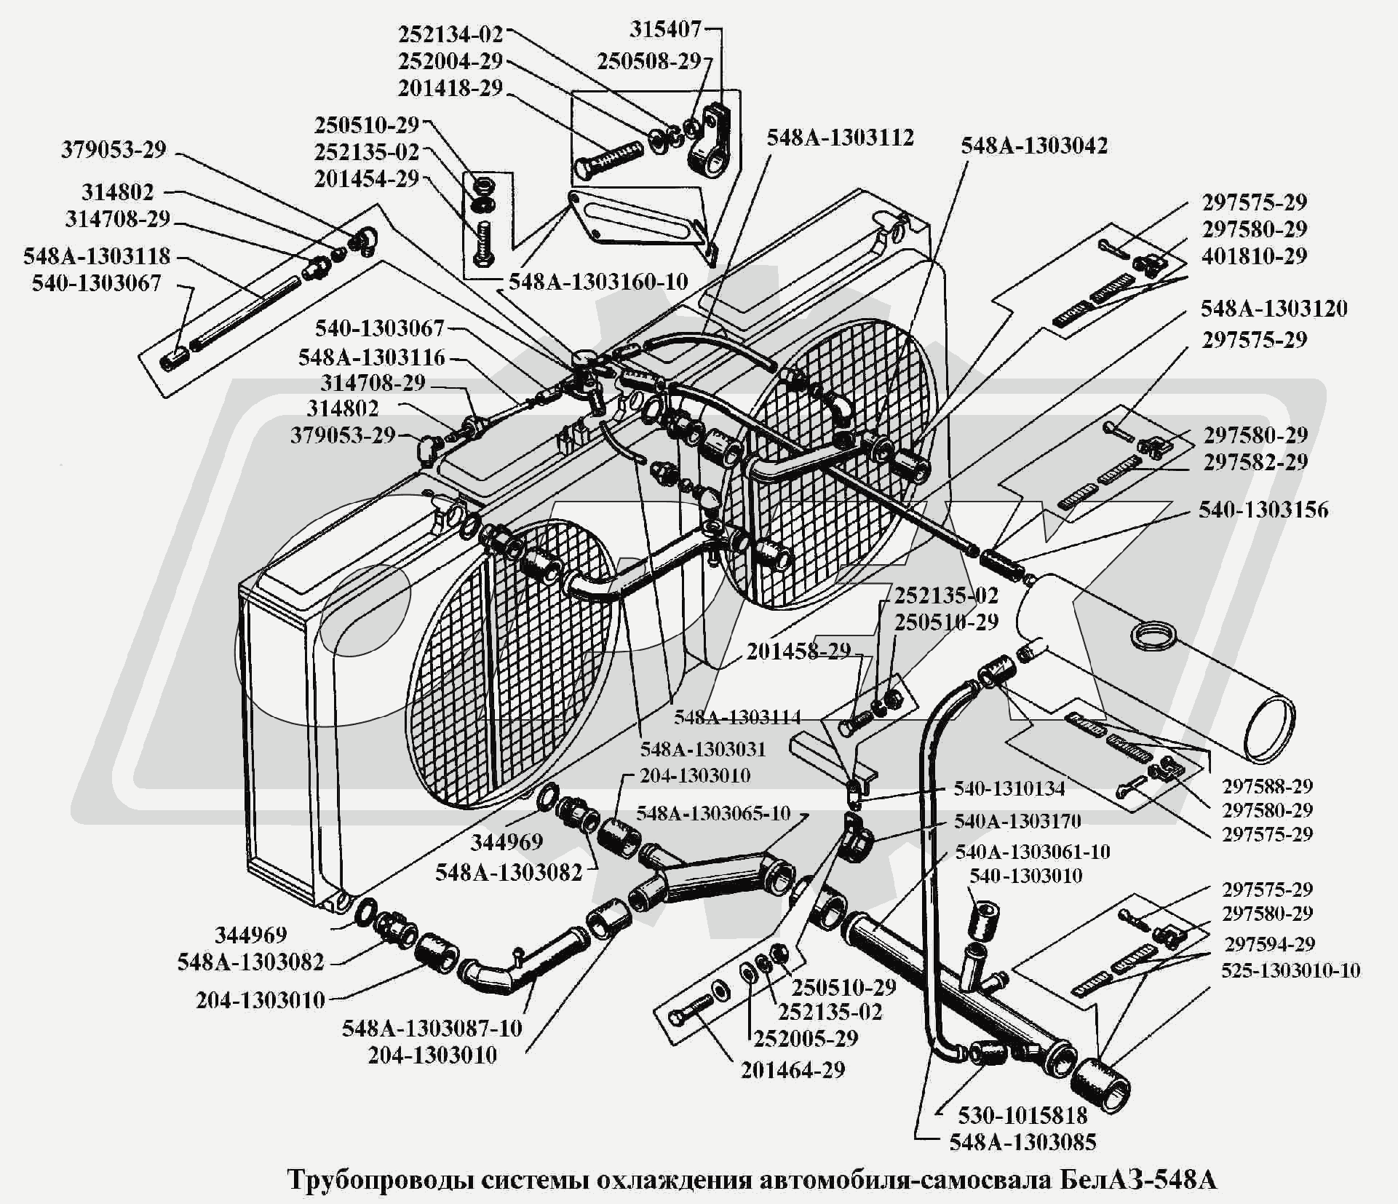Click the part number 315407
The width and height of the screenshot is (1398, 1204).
click(x=665, y=31)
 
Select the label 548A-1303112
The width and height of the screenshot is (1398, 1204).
click(x=840, y=138)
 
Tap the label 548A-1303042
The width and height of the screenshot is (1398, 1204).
click(x=1034, y=146)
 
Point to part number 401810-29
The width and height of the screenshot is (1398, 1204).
click(x=1254, y=256)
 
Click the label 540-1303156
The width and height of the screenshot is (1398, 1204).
click(x=1263, y=510)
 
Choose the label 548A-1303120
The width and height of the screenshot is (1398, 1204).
click(x=1274, y=309)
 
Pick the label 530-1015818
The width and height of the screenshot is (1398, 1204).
click(x=1022, y=1115)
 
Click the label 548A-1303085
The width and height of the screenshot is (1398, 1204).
click(x=1022, y=1143)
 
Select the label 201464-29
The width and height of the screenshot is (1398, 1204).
click(x=793, y=1070)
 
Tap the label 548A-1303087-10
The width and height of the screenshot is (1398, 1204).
click(x=432, y=1029)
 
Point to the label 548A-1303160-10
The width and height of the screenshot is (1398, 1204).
click(x=598, y=282)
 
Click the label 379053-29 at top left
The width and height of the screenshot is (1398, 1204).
click(x=114, y=150)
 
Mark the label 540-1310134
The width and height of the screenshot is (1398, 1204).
click(x=1009, y=788)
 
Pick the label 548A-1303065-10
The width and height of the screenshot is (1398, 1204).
click(x=713, y=813)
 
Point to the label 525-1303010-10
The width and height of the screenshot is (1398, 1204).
click(x=1290, y=970)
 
